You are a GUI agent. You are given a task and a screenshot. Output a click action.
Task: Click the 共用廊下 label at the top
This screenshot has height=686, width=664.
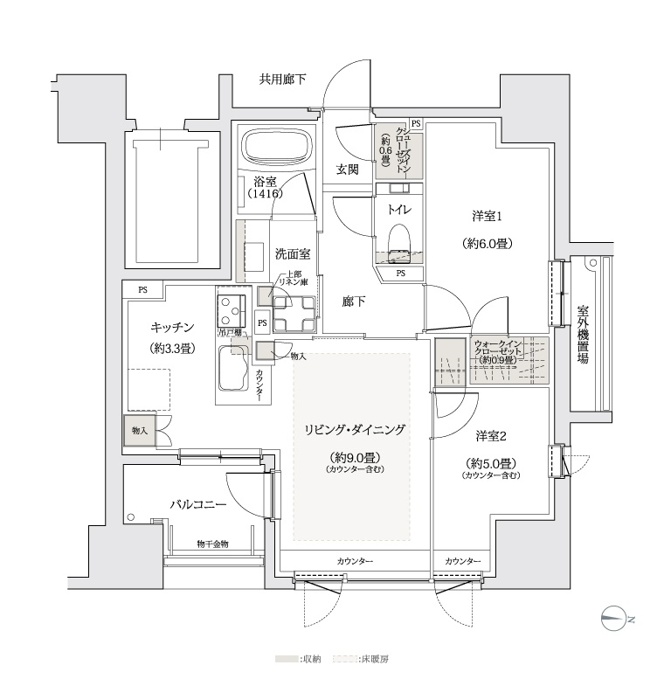pyautogui.click(x=283, y=80)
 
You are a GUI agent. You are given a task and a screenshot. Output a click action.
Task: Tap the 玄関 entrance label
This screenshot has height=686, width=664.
pyautogui.click(x=347, y=170)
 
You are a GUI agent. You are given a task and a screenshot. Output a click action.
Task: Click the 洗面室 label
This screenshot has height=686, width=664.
pyautogui.click(x=293, y=254)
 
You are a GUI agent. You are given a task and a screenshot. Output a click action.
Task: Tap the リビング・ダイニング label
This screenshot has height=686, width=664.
pyautogui.click(x=355, y=429)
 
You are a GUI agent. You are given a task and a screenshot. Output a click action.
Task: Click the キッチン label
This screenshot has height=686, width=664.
pyautogui.click(x=171, y=327)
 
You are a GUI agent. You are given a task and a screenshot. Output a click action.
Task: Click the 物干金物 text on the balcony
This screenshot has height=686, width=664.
pyautogui.click(x=211, y=544)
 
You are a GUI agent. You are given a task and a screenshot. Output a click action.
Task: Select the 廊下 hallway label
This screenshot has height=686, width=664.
pyautogui.click(x=354, y=301)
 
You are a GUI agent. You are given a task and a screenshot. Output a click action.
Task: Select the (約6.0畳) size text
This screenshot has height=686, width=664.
pyautogui.click(x=488, y=244)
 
